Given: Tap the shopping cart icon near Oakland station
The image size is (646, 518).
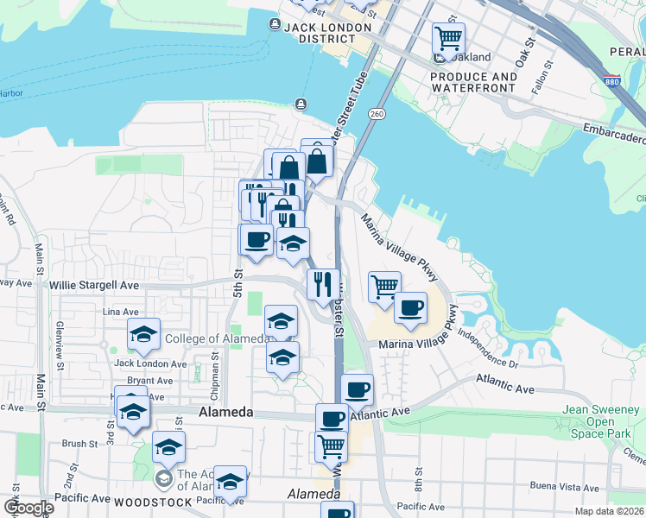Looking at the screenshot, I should (x=448, y=38).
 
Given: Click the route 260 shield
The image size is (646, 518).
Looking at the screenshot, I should (x=377, y=114).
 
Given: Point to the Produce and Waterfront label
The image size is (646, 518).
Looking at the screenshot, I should (x=473, y=82).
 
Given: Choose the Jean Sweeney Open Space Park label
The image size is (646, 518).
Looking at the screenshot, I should (x=599, y=421).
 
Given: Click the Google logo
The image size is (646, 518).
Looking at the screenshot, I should (x=28, y=508).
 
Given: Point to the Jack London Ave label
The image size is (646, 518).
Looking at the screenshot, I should (x=150, y=364).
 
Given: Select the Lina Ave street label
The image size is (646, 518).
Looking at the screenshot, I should (x=121, y=312).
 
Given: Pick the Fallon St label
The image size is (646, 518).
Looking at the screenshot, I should (x=541, y=82).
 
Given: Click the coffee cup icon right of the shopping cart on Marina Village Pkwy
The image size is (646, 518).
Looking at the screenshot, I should (x=411, y=307).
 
